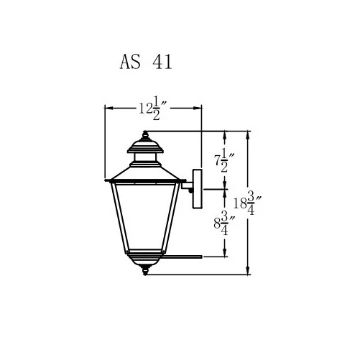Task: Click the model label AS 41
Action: tap(145, 63)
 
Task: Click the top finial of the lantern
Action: tap(147, 135)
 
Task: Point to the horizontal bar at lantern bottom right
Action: tap(183, 256)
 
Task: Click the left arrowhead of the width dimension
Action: tap(109, 109)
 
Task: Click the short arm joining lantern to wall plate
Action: tap(185, 189)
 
